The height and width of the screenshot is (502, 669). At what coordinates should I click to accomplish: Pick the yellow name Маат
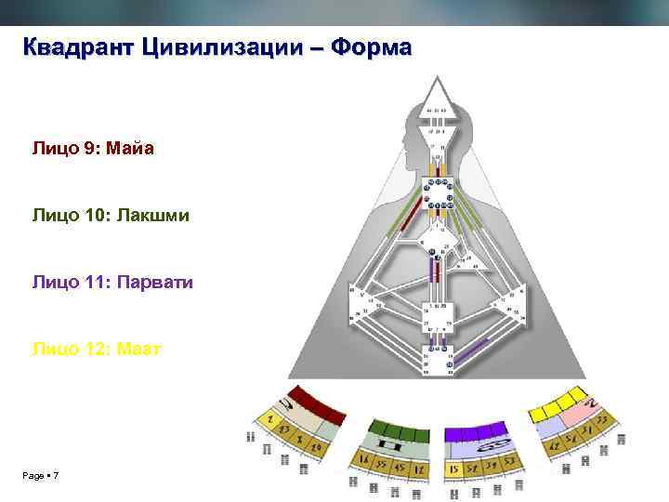click(x=137, y=349)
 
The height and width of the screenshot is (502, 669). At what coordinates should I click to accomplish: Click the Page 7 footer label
click(x=41, y=476)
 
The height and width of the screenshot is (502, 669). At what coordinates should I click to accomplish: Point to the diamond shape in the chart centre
click(x=436, y=249)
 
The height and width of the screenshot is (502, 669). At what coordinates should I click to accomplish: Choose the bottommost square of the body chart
click(x=436, y=357)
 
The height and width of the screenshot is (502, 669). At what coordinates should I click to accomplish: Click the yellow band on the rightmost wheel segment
click(x=557, y=405)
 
